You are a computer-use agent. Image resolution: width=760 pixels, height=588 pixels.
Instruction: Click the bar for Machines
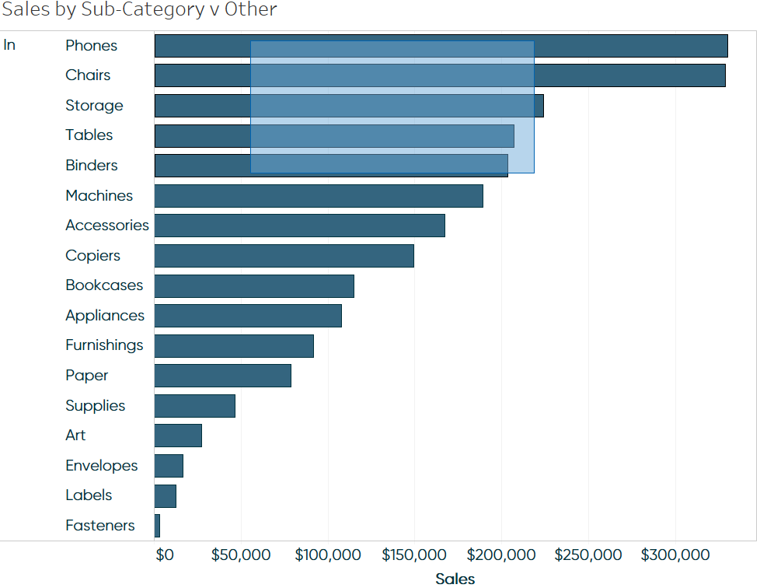[x=319, y=196]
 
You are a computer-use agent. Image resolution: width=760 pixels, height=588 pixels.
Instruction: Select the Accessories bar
[x=299, y=226]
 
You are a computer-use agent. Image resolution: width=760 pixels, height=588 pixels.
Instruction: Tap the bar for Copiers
[x=284, y=256]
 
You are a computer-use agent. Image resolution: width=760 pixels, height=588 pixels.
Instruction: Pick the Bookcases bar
[x=254, y=285]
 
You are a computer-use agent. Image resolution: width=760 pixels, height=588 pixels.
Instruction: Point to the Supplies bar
[x=194, y=406]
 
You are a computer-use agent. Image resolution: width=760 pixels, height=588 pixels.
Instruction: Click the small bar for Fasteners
[x=157, y=526]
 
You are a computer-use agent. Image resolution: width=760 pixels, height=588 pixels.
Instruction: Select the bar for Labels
[x=166, y=496]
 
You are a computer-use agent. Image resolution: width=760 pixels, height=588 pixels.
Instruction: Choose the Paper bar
[x=222, y=376]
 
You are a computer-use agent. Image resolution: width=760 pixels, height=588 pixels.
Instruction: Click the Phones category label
[x=91, y=46]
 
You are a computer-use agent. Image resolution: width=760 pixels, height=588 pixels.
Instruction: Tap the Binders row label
[x=91, y=166]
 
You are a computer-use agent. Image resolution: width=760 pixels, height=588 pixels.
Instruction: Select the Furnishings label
[x=104, y=345]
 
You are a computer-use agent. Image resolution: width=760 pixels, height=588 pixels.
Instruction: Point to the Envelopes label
[x=101, y=466]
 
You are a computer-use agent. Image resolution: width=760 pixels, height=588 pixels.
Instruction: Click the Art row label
[x=75, y=436]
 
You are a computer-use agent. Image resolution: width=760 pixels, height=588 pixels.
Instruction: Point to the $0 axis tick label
[x=164, y=555]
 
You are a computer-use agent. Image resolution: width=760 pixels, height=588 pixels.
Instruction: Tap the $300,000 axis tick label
[x=675, y=555]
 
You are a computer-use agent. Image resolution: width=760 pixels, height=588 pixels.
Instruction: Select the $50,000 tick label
[x=241, y=555]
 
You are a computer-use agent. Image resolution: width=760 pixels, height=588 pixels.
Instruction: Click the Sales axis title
[x=455, y=578]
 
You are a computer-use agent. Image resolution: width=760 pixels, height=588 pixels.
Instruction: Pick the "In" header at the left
[x=9, y=45]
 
